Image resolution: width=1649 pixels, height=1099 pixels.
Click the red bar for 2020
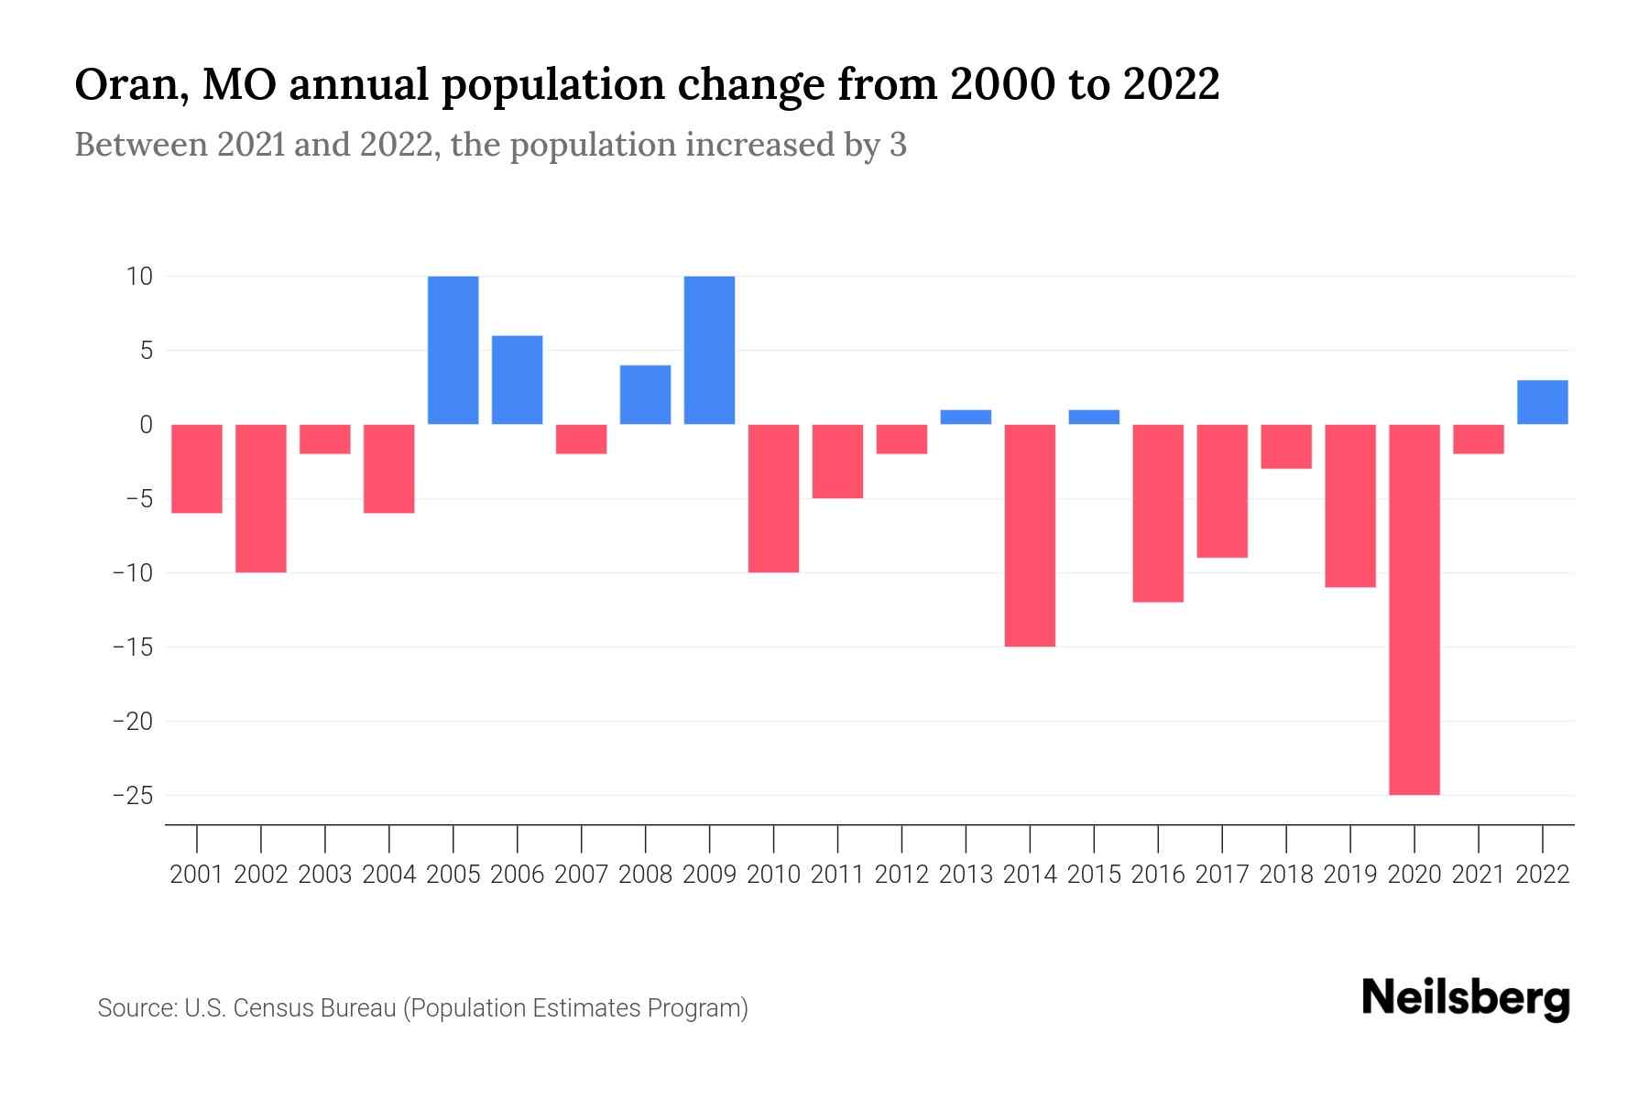coord(1414,609)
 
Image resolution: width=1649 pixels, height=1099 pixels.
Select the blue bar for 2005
coord(453,350)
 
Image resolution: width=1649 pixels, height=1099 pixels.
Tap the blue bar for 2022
coord(1542,402)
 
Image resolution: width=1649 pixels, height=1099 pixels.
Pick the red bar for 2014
coord(1030,535)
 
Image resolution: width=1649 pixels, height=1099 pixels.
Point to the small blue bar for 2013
coord(966,417)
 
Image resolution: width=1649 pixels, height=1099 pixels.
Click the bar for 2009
coord(709,350)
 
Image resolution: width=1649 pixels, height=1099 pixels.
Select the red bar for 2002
coord(261,498)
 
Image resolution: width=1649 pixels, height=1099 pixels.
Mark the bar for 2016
coord(1158,513)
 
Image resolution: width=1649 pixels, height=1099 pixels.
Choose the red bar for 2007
coord(581,439)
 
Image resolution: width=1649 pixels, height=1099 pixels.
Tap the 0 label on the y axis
coord(146,425)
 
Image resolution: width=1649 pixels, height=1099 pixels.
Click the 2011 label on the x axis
coord(837,875)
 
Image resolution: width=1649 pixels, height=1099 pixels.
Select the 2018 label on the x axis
coord(1286,875)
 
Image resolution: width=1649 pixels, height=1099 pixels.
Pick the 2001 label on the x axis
coord(197,875)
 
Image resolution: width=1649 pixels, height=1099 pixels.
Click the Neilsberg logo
coord(1466,998)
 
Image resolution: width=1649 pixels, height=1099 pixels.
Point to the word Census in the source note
coord(271,1008)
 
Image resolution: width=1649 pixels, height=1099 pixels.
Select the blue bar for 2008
coord(645,395)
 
